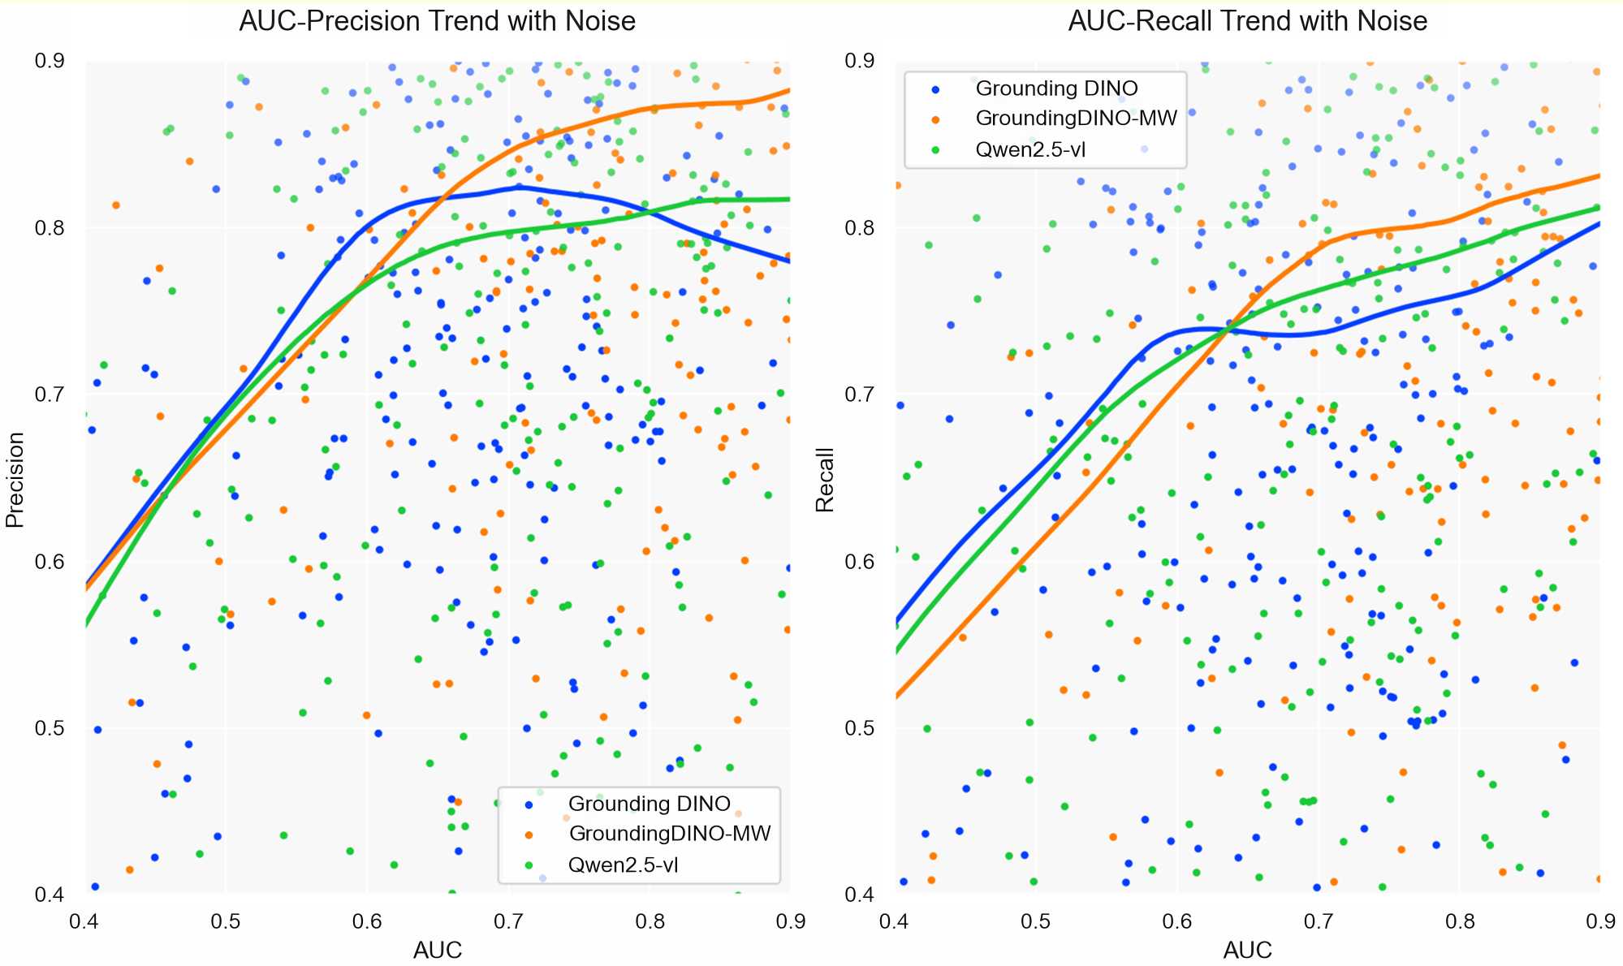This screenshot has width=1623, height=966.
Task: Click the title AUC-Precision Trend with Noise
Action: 437,21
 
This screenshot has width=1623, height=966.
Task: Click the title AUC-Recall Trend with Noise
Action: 1247,21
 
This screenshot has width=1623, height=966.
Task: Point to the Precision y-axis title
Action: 15,479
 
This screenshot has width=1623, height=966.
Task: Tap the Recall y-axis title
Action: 825,479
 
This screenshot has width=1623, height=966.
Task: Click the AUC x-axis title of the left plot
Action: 438,950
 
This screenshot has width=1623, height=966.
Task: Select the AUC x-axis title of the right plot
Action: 1248,950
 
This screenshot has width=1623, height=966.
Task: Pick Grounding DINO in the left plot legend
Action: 650,804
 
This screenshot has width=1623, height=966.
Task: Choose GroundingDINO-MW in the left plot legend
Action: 670,834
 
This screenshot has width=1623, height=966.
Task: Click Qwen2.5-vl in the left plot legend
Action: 623,865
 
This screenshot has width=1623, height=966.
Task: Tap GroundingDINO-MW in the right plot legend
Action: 1076,119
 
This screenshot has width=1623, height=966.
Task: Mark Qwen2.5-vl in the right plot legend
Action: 1030,149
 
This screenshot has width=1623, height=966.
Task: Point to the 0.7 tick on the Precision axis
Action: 50,395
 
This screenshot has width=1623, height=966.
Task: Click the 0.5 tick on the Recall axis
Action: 860,729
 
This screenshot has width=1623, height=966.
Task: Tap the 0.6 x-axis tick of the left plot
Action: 367,921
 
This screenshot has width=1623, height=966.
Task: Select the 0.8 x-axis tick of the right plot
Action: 1460,921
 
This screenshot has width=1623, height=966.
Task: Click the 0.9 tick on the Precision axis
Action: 50,62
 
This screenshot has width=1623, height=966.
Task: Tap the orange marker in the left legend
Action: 529,834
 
